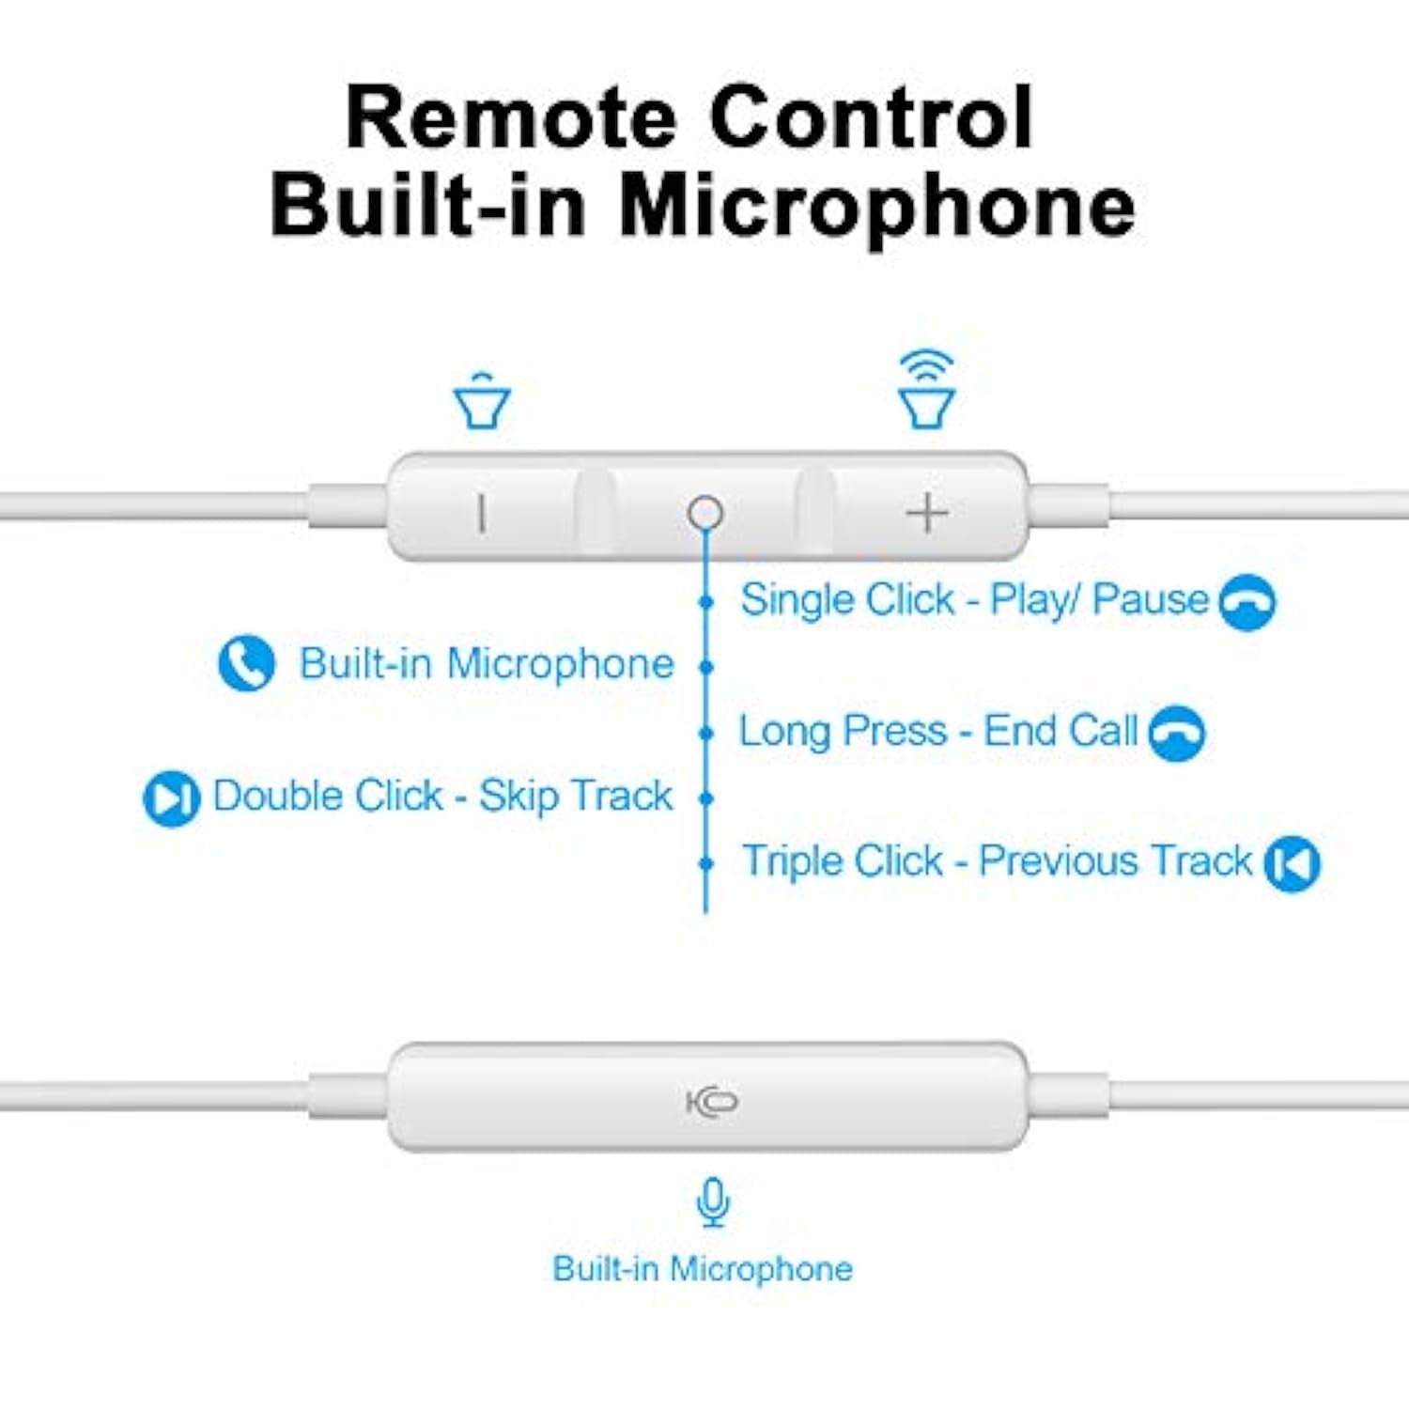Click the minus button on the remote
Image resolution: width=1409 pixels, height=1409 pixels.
(482, 513)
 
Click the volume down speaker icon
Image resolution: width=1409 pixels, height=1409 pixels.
(482, 401)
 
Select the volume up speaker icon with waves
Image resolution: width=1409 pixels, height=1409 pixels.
(927, 390)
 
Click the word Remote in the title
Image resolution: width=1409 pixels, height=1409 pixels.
(511, 118)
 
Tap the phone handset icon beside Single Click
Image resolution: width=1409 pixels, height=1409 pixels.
(1246, 602)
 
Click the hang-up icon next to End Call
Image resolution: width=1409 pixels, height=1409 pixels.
(1177, 733)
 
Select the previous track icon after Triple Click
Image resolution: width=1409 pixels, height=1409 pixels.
(1292, 863)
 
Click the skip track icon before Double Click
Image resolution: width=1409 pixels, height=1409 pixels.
(171, 798)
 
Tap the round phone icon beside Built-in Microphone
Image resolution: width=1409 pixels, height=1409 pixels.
(246, 663)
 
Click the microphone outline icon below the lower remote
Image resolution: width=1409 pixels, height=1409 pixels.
(714, 1201)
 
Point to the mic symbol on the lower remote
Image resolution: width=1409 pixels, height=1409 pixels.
(712, 1101)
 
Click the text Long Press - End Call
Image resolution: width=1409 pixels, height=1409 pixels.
(938, 731)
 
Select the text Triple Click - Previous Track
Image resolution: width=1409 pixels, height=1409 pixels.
(997, 860)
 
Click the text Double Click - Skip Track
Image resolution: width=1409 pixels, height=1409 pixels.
(442, 797)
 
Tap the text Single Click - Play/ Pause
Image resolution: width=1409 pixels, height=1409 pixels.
(974, 599)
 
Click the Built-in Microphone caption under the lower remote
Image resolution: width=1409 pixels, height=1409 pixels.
(703, 1269)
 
